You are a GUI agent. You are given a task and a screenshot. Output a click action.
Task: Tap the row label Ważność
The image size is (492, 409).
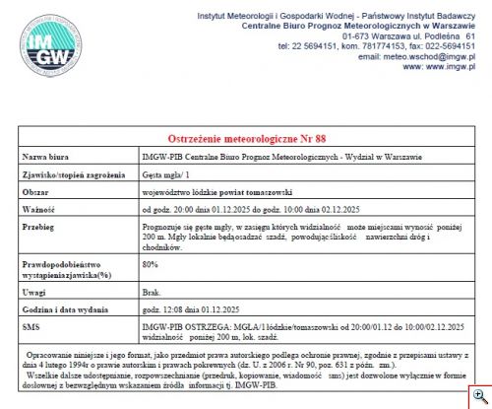(x=40, y=208)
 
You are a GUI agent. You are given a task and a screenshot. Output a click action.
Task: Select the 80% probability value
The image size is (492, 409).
(x=151, y=264)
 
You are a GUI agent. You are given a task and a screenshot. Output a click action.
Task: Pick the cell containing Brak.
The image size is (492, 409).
(x=152, y=293)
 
